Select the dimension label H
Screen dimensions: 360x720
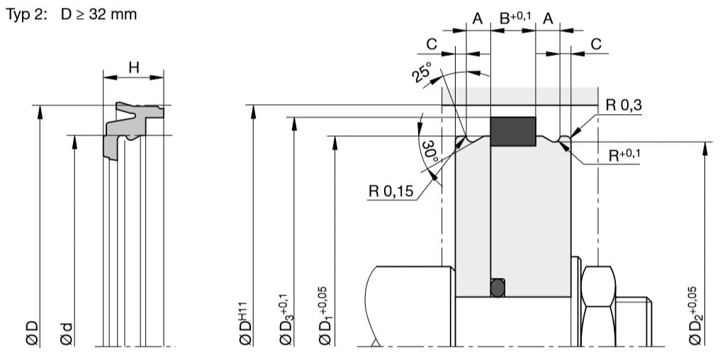(x=133, y=68)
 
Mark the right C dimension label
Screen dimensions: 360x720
(x=596, y=44)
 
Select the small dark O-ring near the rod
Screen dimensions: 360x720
(x=499, y=286)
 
